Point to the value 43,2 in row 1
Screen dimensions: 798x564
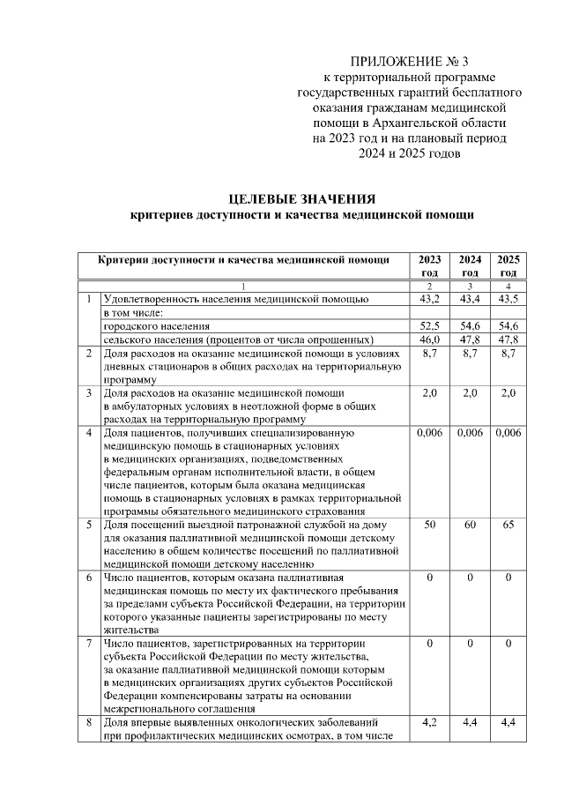430,300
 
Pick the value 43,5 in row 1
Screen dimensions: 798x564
508,300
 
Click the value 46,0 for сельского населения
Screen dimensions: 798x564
430,339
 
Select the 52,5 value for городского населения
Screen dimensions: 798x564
430,326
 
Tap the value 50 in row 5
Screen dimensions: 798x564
430,525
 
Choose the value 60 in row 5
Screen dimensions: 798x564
471,525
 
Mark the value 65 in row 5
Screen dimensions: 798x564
508,525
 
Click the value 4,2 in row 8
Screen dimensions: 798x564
430,723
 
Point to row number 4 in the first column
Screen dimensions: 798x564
89,433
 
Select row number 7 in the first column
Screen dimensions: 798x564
89,645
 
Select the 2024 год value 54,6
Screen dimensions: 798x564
471,326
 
